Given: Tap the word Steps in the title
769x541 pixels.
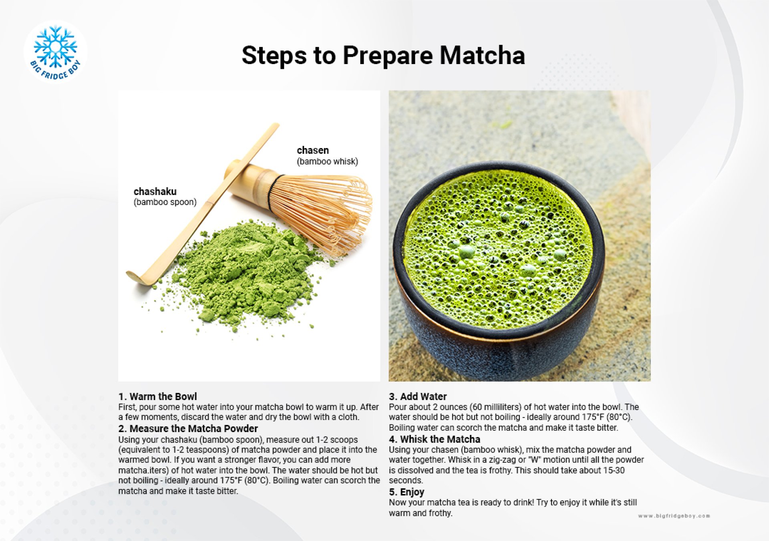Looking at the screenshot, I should [274, 55].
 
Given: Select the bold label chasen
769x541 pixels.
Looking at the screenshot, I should [312, 150].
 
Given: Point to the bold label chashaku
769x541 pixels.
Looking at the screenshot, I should [155, 191].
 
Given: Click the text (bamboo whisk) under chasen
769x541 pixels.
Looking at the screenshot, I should [327, 161].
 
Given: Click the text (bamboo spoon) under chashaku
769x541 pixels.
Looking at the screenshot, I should [165, 202].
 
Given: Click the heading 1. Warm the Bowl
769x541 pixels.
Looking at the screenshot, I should [157, 396].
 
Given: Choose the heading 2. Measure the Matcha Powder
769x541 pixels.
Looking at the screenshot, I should [188, 428].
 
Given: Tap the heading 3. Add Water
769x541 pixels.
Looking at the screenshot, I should [417, 396].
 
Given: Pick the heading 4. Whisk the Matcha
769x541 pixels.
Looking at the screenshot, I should [434, 439].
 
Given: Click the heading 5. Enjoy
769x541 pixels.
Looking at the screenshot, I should [406, 492].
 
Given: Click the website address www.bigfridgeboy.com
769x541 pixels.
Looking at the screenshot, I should [674, 516].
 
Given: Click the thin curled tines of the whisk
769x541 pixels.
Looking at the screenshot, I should [332, 212].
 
